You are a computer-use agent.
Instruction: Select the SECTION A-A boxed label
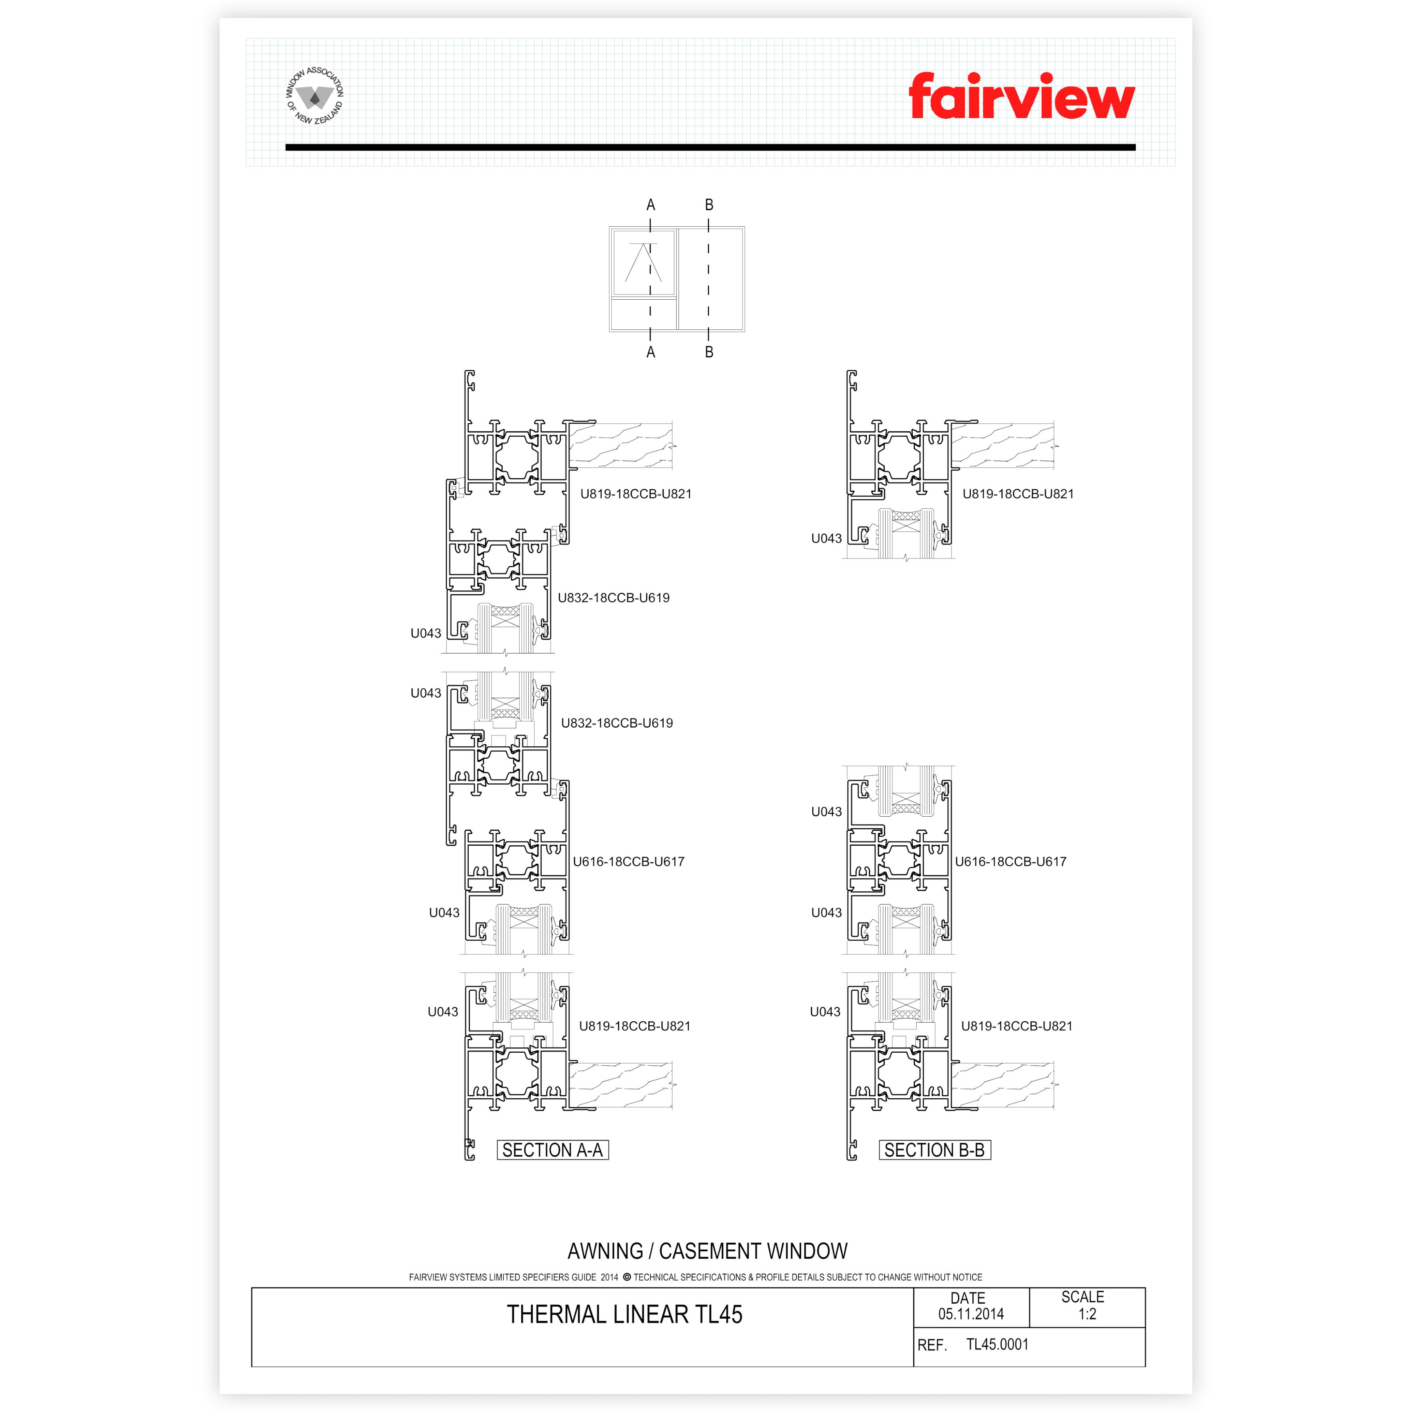coord(553,1150)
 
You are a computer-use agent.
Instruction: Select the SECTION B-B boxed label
coord(935,1150)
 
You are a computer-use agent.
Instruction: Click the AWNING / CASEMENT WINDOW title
coord(708,1251)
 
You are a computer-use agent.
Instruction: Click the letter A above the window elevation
coord(650,206)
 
